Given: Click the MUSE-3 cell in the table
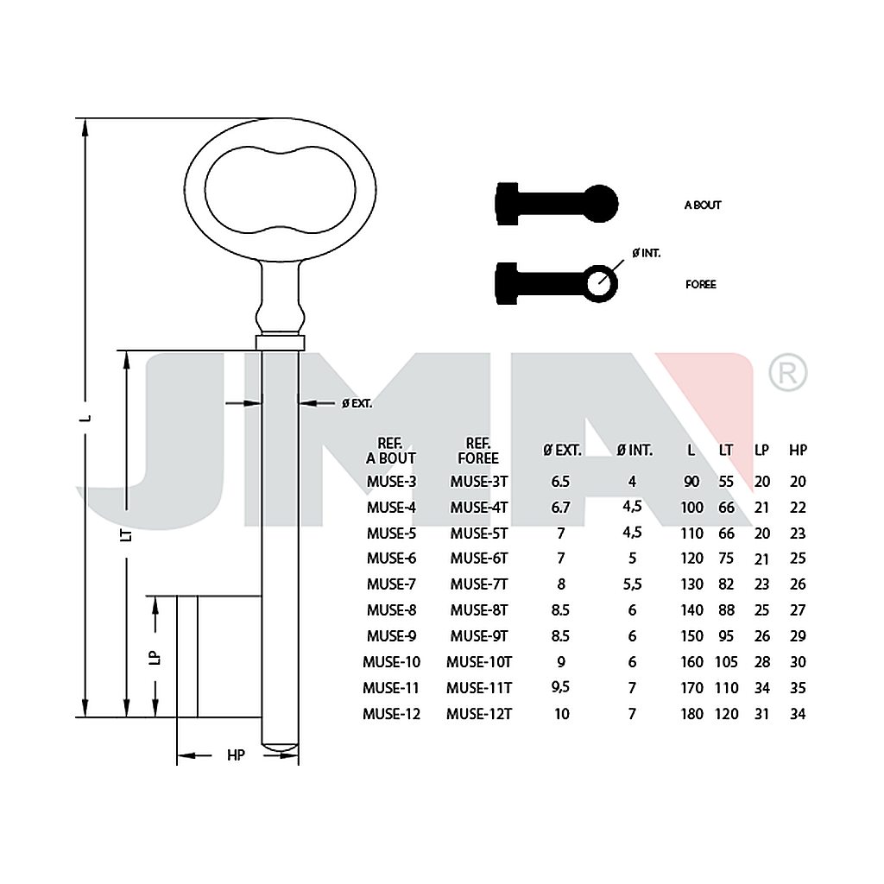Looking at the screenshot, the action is tap(391, 482).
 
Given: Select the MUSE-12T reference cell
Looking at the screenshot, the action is tap(478, 714).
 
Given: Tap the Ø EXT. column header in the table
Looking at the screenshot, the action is tap(561, 450).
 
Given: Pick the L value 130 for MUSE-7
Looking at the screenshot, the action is tap(691, 584).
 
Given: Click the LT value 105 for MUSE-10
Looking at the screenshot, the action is tap(726, 662).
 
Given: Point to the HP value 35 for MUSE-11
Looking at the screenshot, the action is tap(798, 688).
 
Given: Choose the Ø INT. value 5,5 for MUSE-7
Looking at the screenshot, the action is tap(632, 584).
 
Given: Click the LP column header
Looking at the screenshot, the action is tap(761, 450).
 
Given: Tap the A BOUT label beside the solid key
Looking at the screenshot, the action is tap(703, 205).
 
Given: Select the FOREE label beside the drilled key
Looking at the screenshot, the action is tap(701, 285).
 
